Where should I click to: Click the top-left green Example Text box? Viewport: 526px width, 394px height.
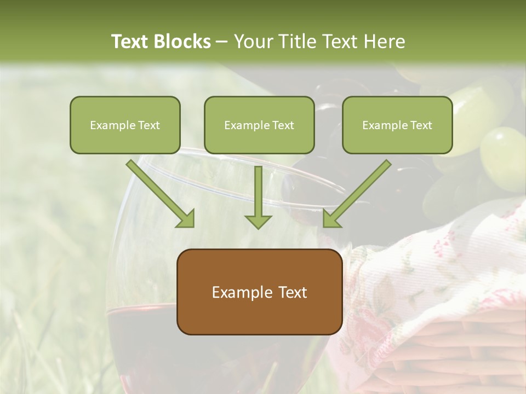(x=125, y=125)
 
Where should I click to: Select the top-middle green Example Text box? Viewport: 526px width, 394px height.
(x=259, y=125)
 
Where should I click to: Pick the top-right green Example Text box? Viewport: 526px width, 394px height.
(x=397, y=125)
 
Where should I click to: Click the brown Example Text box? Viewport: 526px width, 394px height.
(x=259, y=292)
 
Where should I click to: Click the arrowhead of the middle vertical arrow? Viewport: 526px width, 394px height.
(x=258, y=221)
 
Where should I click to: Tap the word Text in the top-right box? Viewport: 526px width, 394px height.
(x=421, y=125)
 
